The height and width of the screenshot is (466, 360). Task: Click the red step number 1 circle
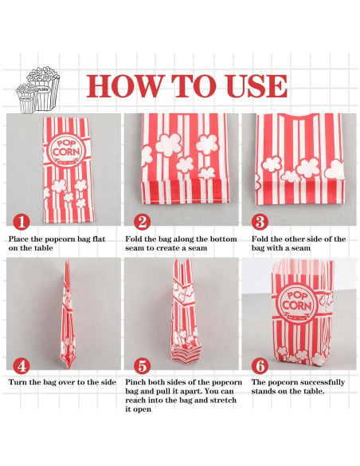tap(22, 222)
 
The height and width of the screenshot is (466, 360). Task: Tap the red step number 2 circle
tap(142, 222)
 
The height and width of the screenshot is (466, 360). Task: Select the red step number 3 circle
tap(260, 222)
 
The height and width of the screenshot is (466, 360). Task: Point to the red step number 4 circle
tap(22, 365)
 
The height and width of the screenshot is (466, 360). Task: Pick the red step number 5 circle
tap(142, 365)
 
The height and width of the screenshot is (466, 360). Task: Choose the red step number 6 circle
tap(260, 365)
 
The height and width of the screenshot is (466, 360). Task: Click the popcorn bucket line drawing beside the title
tap(38, 90)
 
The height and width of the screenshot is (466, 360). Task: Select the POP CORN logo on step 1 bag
tap(66, 148)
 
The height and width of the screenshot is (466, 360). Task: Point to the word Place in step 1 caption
tap(19, 239)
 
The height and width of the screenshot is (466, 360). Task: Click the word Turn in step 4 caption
tap(18, 382)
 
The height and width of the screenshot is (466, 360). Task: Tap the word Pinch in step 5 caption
tap(135, 382)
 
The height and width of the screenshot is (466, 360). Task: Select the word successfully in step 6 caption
tap(319, 382)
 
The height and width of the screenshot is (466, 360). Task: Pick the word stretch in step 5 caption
tap(223, 400)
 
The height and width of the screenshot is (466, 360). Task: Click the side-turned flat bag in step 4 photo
tap(68, 314)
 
